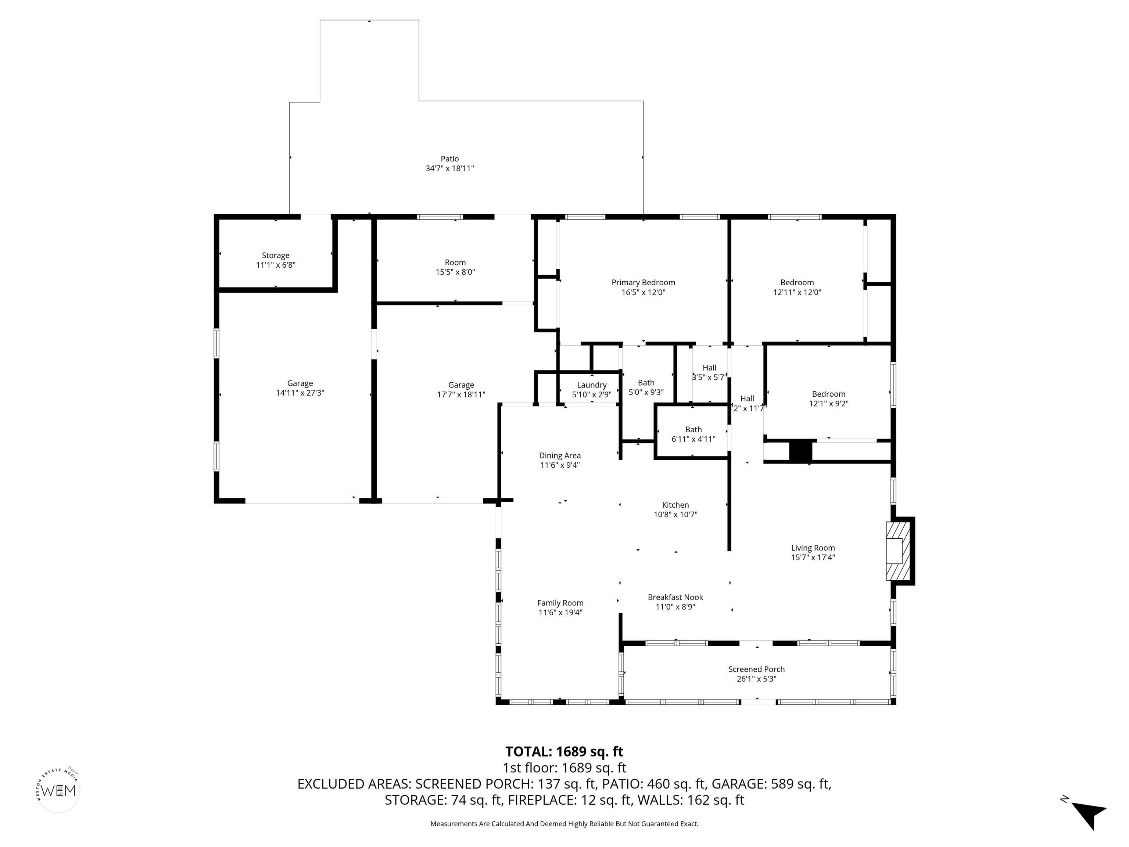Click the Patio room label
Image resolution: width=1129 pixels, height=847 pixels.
click(450, 159)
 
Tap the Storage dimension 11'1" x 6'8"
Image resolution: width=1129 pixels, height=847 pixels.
click(276, 265)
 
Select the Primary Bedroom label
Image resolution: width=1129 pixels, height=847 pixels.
click(643, 282)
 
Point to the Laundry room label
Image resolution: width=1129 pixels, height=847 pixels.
click(592, 385)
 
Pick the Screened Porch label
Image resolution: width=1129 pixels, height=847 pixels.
click(756, 669)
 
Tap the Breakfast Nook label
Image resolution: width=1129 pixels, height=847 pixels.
click(675, 597)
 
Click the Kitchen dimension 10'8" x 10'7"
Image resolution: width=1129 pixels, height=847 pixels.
click(675, 515)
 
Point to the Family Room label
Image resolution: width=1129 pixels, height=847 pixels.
click(560, 603)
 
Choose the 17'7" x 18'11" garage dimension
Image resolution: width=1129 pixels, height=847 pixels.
click(461, 395)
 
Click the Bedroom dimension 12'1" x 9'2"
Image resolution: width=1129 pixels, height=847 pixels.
click(828, 403)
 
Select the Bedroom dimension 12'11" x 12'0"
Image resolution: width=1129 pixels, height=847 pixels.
click(797, 292)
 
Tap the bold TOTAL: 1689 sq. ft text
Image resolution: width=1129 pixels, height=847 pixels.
click(564, 751)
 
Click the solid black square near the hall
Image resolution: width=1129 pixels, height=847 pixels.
click(800, 451)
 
